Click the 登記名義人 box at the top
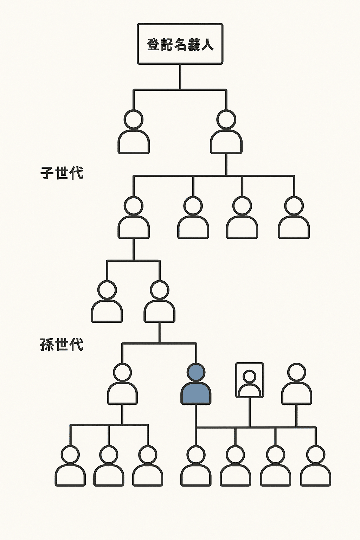click(180, 44)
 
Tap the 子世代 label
click(62, 173)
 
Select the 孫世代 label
click(62, 345)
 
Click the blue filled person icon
click(196, 385)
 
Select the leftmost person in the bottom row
click(70, 466)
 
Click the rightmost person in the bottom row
click(315, 466)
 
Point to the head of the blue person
click(196, 372)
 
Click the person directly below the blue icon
click(196, 466)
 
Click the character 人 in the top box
click(207, 45)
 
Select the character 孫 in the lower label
click(47, 345)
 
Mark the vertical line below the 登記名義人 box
click(180, 77)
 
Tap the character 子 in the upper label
click(47, 173)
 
